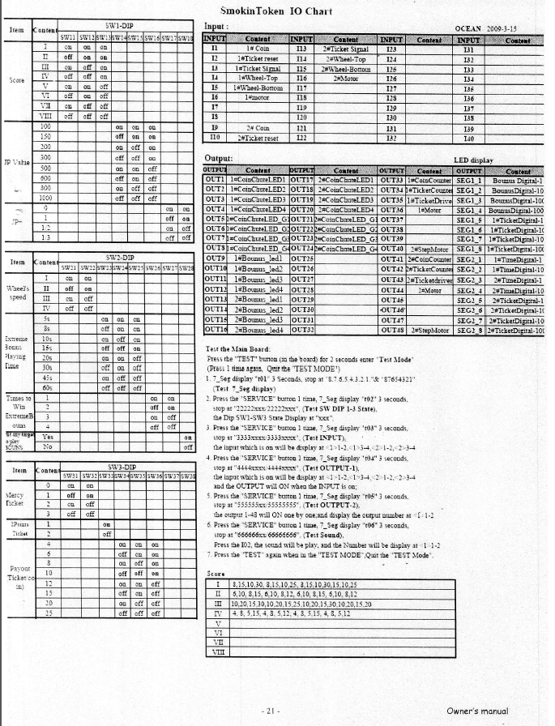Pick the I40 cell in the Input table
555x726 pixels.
465,139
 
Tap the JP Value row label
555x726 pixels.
15,162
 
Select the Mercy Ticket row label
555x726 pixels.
15,497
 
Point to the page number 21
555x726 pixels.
272,711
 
